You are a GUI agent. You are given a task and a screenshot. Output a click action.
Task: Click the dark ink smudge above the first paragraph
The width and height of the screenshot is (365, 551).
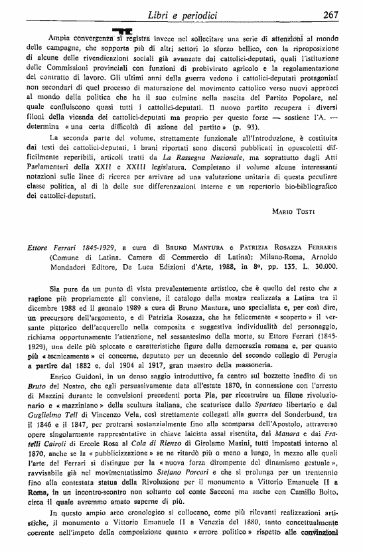tap(121, 31)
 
